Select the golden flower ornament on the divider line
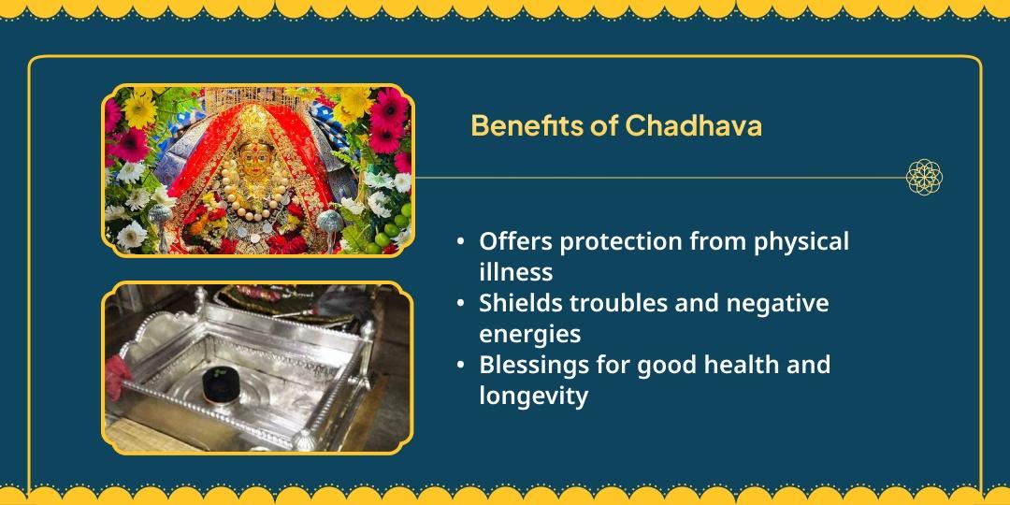tap(924, 176)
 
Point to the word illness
tap(515, 272)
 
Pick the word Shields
tap(520, 303)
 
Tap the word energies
tap(529, 334)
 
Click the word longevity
tap(533, 396)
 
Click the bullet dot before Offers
tap(460, 242)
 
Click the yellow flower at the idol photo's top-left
tap(140, 108)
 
